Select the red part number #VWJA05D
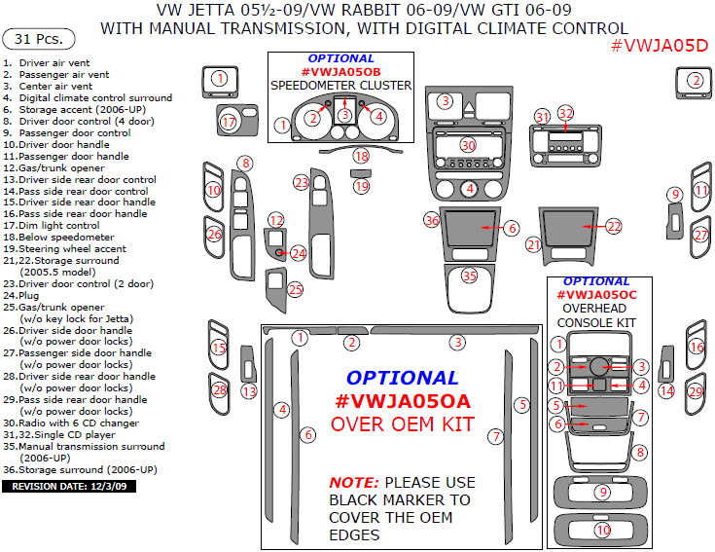tap(661, 46)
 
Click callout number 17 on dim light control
tap(229, 122)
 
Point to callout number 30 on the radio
tap(469, 145)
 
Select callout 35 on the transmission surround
tap(470, 276)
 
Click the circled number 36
tap(432, 221)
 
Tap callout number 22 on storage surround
tap(614, 226)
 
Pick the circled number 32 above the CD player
tap(565, 113)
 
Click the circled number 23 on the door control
tap(302, 182)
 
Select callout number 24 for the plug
tap(298, 253)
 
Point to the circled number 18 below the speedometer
tap(361, 156)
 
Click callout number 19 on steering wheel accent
tap(361, 186)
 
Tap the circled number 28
tap(220, 390)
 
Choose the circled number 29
tap(695, 391)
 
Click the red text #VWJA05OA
tap(402, 400)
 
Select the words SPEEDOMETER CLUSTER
tap(340, 86)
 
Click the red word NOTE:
tap(354, 482)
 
